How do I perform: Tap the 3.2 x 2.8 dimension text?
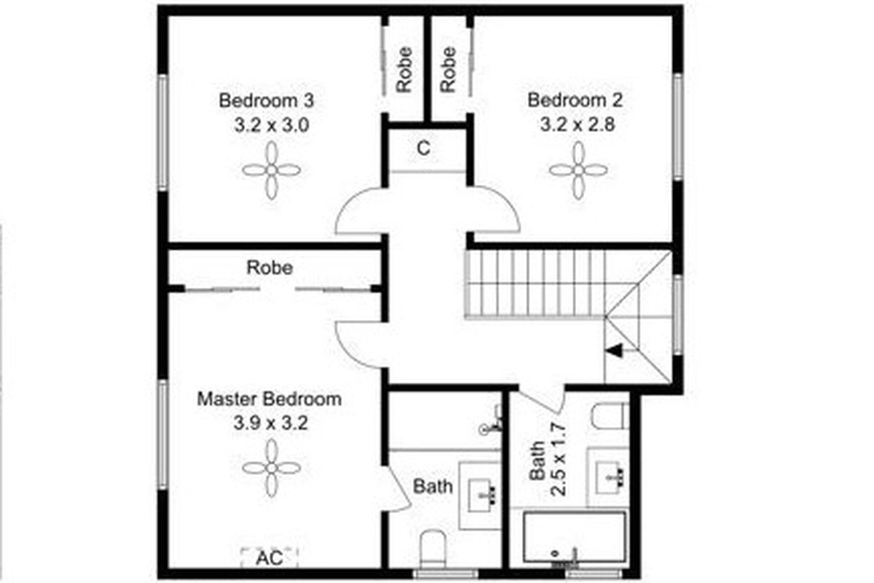tap(578, 124)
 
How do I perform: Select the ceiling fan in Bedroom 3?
tap(271, 170)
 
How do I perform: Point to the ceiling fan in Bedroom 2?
tap(578, 170)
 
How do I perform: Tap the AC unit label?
tap(269, 558)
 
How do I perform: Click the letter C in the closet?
tap(423, 148)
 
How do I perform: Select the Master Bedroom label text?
tap(269, 399)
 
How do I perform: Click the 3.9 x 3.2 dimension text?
tap(269, 423)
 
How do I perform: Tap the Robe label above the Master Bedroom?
tap(269, 267)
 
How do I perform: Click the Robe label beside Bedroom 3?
tap(405, 69)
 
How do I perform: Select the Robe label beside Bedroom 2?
tap(448, 69)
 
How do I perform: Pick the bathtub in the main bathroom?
tap(575, 538)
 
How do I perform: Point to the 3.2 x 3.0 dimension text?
tap(271, 124)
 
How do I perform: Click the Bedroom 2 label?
tap(576, 100)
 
